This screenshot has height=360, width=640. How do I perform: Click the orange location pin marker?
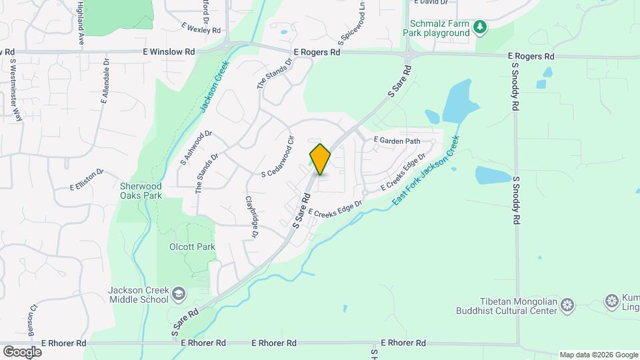(320, 159)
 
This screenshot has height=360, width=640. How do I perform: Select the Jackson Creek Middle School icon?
(178, 293)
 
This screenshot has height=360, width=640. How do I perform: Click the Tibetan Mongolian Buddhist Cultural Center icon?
(567, 305)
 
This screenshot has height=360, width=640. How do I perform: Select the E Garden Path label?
(397, 141)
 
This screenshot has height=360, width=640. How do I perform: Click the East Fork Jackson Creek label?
(425, 171)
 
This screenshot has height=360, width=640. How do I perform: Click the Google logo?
(22, 351)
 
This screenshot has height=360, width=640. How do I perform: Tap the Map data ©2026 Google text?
(599, 355)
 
